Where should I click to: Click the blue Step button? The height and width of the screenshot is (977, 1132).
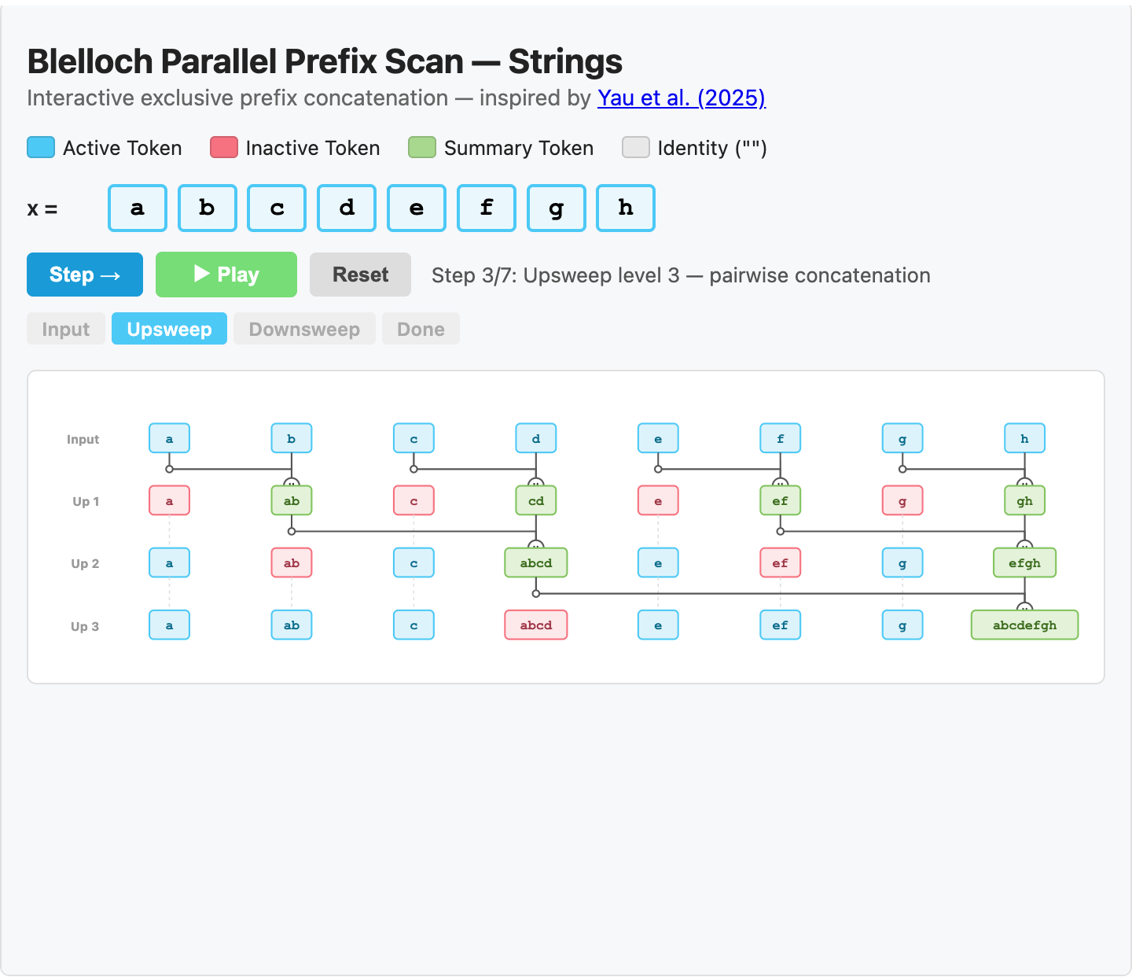(x=85, y=275)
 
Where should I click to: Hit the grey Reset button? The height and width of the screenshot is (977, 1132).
(x=360, y=275)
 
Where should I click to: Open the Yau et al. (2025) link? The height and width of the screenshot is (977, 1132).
(x=681, y=98)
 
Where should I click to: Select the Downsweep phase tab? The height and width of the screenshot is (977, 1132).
(x=304, y=329)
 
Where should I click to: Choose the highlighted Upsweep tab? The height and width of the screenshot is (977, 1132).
(x=169, y=329)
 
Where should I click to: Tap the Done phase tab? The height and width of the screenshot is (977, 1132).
(x=421, y=329)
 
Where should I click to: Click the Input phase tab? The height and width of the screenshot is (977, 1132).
(x=66, y=329)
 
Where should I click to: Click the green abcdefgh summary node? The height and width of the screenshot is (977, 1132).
(x=1024, y=625)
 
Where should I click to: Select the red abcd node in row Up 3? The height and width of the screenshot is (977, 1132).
(x=535, y=625)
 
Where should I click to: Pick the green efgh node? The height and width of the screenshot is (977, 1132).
(x=1024, y=563)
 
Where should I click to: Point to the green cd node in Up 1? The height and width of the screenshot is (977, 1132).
(x=535, y=501)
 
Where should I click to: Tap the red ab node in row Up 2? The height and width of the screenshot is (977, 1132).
(x=292, y=563)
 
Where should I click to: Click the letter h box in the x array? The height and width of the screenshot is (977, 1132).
(x=626, y=208)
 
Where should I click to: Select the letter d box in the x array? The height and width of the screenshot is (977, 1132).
(x=347, y=208)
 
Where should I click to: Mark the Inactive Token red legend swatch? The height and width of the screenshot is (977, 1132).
(x=224, y=148)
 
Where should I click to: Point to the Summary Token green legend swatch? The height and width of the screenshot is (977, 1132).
(x=422, y=148)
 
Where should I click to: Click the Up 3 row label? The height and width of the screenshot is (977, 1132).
(x=85, y=626)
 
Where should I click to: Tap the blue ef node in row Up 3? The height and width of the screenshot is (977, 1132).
(x=780, y=625)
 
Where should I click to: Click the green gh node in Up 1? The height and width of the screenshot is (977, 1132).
(x=1024, y=501)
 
